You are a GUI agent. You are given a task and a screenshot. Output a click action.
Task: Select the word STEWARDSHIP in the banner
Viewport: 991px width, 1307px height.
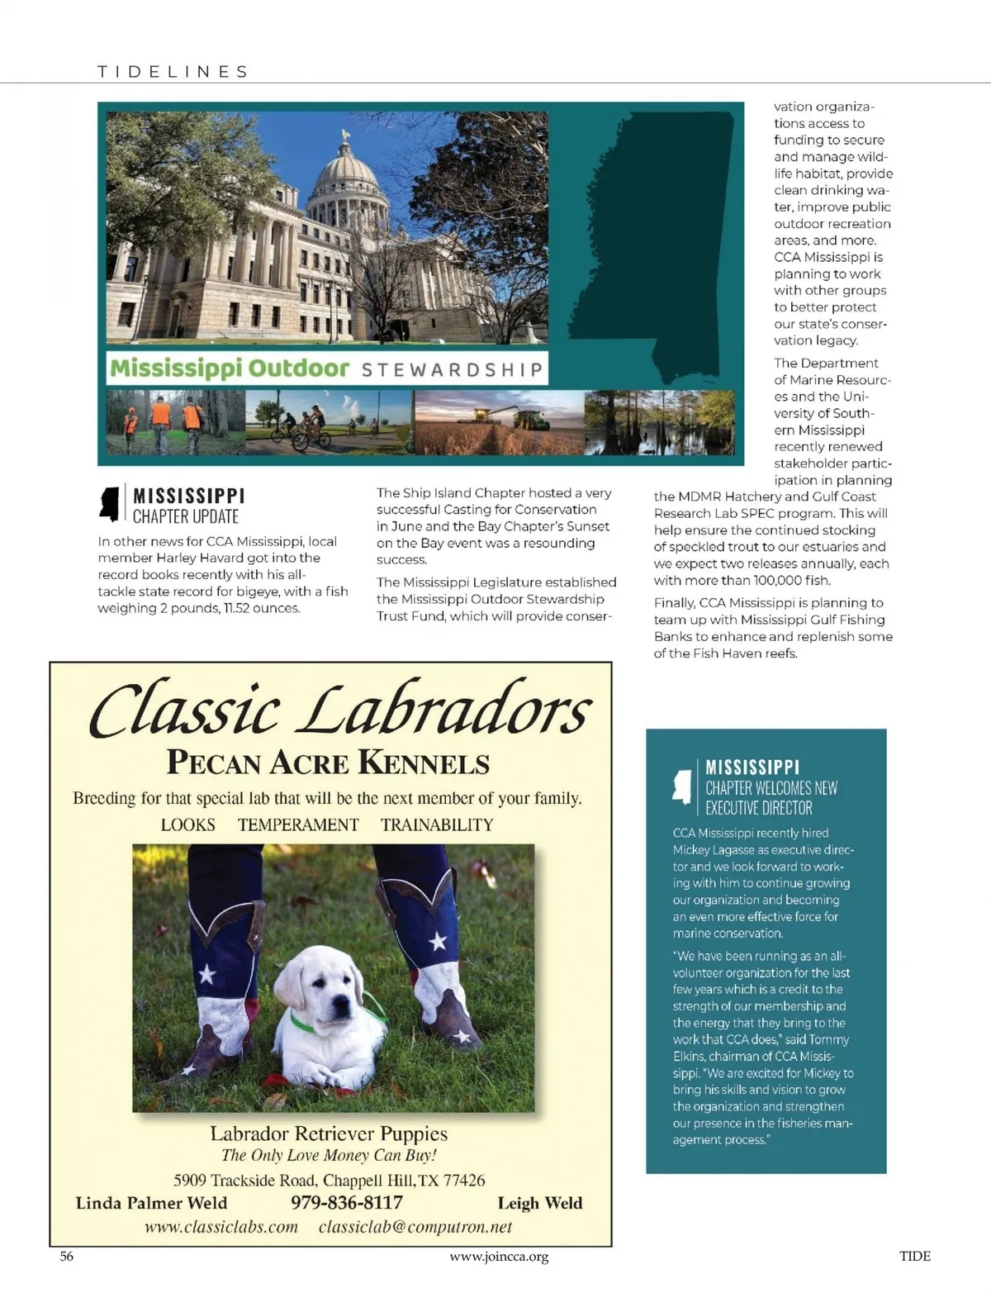point(453,368)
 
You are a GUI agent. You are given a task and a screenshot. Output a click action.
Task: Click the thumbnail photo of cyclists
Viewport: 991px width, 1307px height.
point(329,423)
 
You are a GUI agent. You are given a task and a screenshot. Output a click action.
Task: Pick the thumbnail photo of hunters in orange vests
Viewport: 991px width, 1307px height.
point(175,421)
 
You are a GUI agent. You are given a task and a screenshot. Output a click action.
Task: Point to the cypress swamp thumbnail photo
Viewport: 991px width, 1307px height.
point(659,423)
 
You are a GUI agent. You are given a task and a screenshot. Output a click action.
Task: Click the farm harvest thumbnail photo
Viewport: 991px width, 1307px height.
point(499,423)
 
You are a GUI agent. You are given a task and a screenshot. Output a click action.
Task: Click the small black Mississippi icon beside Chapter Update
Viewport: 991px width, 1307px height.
point(109,504)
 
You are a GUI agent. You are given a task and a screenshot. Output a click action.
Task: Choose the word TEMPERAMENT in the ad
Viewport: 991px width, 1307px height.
point(298,825)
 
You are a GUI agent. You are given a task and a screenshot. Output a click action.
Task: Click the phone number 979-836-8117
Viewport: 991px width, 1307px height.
point(347,1203)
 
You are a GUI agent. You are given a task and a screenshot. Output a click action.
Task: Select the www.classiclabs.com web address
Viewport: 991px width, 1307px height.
point(221,1227)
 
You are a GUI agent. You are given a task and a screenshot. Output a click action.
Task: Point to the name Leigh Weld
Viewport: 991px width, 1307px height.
point(540,1203)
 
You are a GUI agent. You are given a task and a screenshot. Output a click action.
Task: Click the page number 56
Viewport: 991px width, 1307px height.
point(67,1257)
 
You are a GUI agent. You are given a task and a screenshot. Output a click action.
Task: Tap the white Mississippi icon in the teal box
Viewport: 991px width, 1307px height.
point(682,786)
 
